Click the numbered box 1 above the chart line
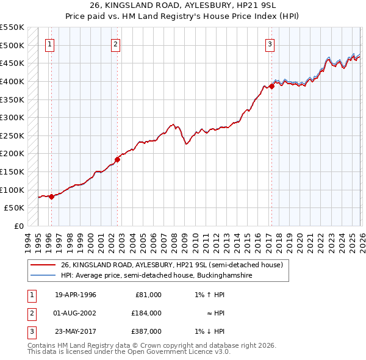[49, 43]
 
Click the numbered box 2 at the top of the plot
[115, 43]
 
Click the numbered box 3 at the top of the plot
[270, 43]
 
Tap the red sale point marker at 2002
[118, 160]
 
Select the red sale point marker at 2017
[272, 87]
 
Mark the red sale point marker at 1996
[52, 196]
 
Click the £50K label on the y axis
[15, 208]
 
